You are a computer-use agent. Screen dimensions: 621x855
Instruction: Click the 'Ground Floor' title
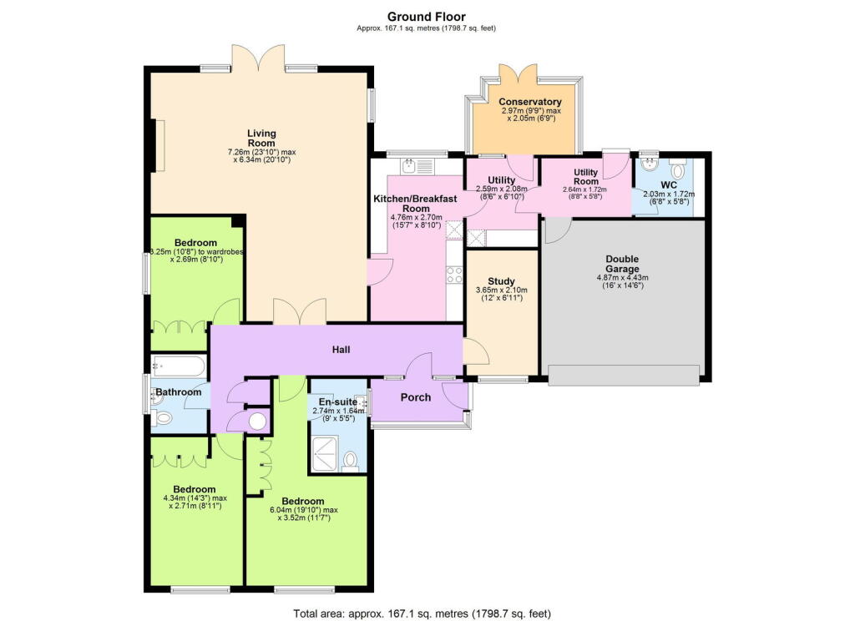pos(427,16)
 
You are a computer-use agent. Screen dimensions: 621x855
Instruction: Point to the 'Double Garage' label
pos(623,264)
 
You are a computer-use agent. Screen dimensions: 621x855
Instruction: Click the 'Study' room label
pos(501,280)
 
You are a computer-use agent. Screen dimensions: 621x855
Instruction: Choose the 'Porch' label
pos(416,397)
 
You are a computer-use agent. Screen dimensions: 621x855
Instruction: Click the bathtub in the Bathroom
pos(179,366)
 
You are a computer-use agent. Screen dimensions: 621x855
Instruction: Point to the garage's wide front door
pos(623,381)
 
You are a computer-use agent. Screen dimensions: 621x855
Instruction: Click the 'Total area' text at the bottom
pos(422,613)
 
